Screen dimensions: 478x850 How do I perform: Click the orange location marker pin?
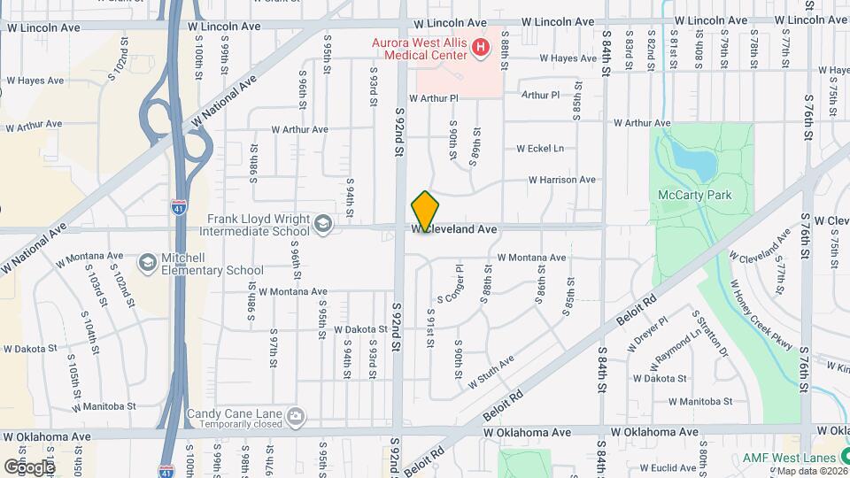click(x=425, y=212)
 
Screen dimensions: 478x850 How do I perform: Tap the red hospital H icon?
click(x=481, y=46)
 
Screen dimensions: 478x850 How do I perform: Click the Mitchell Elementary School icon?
click(x=147, y=263)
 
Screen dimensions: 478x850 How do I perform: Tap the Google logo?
click(x=28, y=466)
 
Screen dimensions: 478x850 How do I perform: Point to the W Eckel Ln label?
click(x=540, y=149)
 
